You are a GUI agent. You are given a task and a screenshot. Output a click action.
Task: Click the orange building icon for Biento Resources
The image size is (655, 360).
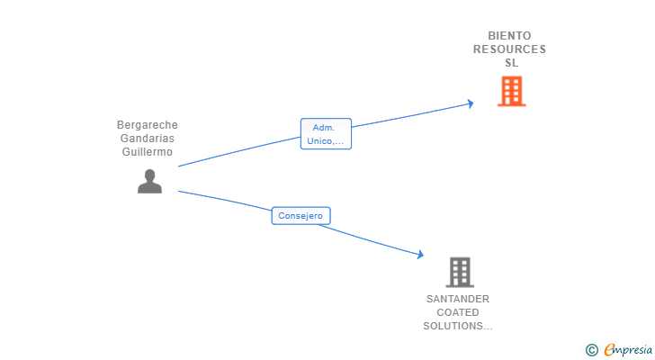[511, 92]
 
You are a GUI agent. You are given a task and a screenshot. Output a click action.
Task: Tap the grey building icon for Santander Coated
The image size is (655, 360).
[459, 272]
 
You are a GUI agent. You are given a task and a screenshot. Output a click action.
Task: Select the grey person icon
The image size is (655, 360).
[149, 181]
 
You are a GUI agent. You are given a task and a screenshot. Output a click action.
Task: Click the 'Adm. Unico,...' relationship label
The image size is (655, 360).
[326, 134]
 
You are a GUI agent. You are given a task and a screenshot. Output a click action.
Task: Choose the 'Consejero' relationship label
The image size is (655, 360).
[301, 216]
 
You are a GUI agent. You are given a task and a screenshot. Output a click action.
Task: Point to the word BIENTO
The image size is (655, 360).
[510, 36]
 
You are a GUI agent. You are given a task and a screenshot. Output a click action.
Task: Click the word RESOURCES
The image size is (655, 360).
[510, 49]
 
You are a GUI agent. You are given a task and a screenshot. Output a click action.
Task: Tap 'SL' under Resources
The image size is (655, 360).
[511, 63]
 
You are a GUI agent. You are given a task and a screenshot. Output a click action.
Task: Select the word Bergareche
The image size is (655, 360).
[147, 125]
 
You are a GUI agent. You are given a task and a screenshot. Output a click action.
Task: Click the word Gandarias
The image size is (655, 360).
[147, 139]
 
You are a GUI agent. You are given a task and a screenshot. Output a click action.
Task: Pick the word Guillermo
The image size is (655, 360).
[147, 152]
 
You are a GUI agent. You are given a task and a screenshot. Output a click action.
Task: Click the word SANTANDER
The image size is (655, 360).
[458, 299]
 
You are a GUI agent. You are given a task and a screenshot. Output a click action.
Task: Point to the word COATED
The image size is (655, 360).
[458, 312]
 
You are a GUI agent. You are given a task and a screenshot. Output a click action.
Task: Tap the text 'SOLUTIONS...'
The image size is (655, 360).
[458, 326]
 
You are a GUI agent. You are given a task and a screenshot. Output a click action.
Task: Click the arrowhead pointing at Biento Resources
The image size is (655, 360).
[470, 103]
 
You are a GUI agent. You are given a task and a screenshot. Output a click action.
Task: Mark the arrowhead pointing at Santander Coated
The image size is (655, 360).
[419, 255]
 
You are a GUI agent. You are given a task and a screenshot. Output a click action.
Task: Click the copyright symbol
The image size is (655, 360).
[591, 350]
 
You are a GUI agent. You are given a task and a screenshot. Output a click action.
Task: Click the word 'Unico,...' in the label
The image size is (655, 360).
[326, 141]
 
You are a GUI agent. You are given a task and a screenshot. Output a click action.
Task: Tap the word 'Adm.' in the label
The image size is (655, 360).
[326, 128]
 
